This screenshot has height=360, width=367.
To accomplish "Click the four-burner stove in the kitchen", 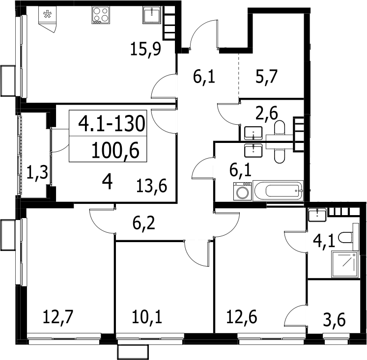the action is click(x=101, y=15).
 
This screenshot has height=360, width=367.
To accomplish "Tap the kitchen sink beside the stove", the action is click(x=152, y=15).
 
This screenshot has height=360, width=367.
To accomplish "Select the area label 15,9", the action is click(x=145, y=49).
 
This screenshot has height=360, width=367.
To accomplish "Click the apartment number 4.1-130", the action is click(x=112, y=123).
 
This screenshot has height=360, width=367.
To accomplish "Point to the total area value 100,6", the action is click(x=115, y=151).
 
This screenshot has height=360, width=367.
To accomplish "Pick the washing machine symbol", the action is click(x=242, y=191).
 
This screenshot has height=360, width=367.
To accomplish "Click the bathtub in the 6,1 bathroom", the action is click(x=278, y=191).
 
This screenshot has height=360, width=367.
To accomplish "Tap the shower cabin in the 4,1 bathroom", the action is click(x=345, y=264).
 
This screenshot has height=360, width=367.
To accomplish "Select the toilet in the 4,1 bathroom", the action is click(x=349, y=237).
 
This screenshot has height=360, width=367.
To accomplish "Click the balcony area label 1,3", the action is click(x=37, y=172).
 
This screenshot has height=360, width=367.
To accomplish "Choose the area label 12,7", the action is click(x=58, y=317).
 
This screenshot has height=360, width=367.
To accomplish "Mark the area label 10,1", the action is click(x=147, y=317).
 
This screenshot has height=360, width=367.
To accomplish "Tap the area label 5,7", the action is click(x=266, y=77).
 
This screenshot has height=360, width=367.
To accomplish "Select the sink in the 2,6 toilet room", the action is click(x=253, y=133).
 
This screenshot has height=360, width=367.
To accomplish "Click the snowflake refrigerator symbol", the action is click(x=47, y=15).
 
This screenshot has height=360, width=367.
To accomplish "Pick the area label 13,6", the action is click(x=151, y=186).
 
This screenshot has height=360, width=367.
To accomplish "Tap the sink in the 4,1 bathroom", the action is click(x=317, y=215).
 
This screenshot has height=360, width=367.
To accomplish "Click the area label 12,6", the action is click(x=242, y=317).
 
